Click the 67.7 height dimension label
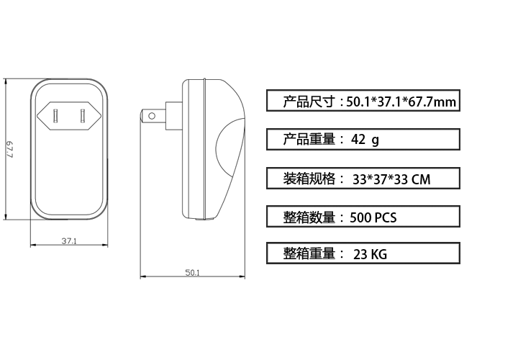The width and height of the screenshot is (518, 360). [x=10, y=150]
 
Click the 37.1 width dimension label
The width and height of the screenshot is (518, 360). [x=69, y=241]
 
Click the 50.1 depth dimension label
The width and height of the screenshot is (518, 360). [x=193, y=273]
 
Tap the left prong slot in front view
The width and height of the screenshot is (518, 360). [x=55, y=115]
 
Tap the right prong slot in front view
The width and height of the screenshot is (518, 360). [x=83, y=115]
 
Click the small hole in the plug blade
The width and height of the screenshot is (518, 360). [x=152, y=116]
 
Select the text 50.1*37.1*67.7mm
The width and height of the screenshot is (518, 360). [x=401, y=102]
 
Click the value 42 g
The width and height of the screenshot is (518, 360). [x=365, y=140]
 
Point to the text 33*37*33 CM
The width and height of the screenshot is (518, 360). [x=391, y=179]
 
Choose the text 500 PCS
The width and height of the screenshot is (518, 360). [x=373, y=217]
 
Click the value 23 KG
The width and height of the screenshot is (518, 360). [x=370, y=254]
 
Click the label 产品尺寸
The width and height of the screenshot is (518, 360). [x=309, y=102]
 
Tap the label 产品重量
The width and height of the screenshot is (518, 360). [x=309, y=139]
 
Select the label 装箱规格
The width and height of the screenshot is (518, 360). [x=309, y=179]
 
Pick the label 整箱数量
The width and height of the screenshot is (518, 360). [x=309, y=217]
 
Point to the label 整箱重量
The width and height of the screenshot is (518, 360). [x=309, y=253]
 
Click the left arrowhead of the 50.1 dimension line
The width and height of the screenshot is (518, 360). [x=143, y=276]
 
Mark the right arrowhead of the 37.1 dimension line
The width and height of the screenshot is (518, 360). [x=105, y=245]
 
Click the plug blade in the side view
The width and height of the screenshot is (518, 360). [x=154, y=116]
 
